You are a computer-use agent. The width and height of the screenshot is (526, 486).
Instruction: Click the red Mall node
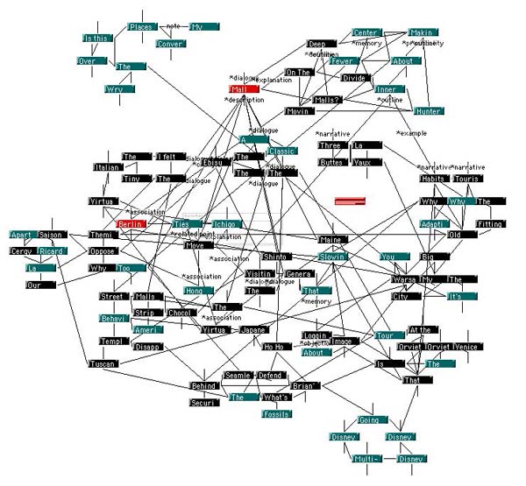(245, 89)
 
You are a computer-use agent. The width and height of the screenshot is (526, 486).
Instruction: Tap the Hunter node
(429, 111)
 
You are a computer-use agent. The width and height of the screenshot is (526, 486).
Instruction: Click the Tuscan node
(103, 363)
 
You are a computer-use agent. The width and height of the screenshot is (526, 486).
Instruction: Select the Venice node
(467, 347)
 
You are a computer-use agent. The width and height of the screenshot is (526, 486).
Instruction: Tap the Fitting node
(489, 224)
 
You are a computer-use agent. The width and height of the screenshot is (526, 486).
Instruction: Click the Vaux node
(366, 162)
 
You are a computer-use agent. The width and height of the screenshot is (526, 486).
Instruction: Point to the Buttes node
(332, 162)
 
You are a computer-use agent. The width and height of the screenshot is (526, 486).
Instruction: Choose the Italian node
(106, 167)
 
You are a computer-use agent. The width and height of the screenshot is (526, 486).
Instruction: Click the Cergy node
(22, 251)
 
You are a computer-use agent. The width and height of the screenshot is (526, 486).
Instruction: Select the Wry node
(115, 88)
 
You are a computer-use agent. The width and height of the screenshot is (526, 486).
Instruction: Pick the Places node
(142, 27)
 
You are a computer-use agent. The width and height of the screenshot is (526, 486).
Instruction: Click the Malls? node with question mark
(327, 100)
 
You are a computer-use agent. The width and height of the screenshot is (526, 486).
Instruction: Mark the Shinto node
(275, 257)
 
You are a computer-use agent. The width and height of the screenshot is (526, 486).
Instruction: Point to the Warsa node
(406, 280)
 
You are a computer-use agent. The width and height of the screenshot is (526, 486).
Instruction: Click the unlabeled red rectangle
(350, 201)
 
